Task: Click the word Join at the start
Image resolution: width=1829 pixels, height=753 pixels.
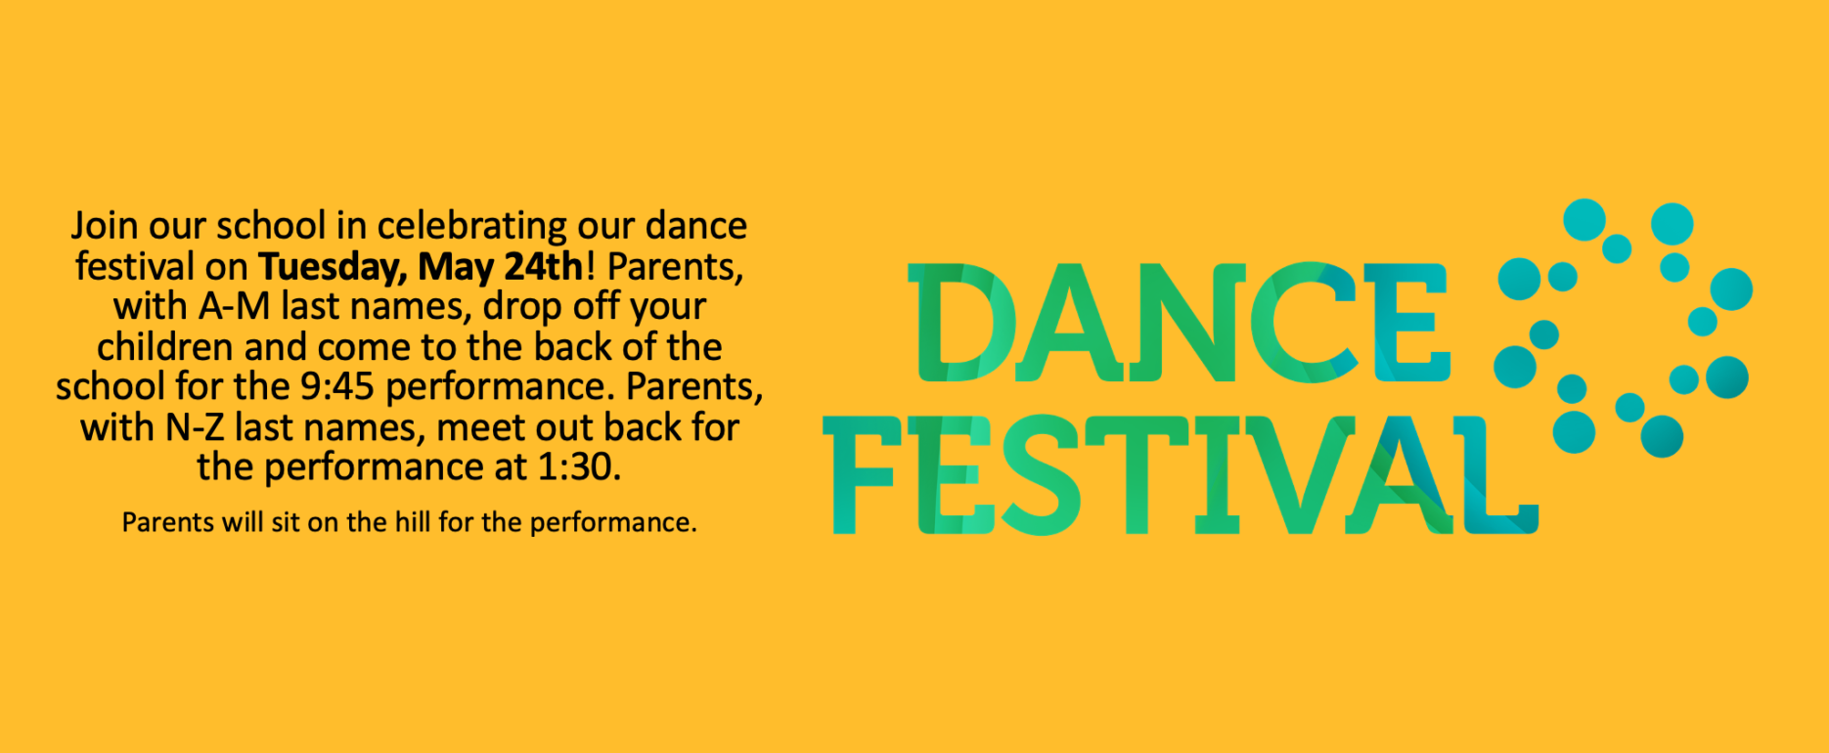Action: click(x=105, y=226)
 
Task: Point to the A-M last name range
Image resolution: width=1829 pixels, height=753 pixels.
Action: click(x=235, y=307)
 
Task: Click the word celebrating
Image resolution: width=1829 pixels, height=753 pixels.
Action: click(x=472, y=227)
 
